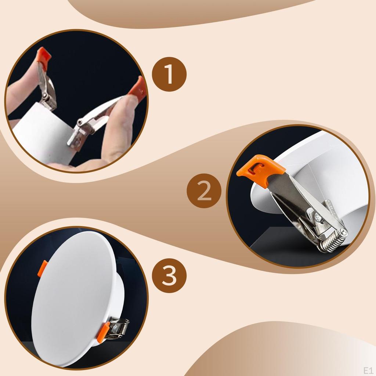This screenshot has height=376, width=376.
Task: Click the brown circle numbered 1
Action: [x=169, y=74]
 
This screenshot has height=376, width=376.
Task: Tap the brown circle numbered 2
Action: [x=204, y=191]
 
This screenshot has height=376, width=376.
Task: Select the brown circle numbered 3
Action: [x=169, y=275]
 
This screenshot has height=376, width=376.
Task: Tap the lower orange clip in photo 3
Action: [x=103, y=332]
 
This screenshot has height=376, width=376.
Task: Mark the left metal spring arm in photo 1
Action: [x=47, y=89]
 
